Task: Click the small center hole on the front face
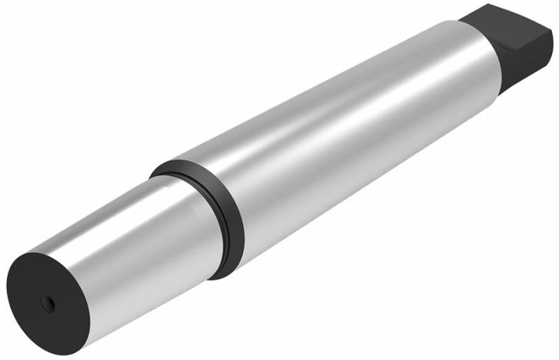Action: [48, 302]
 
